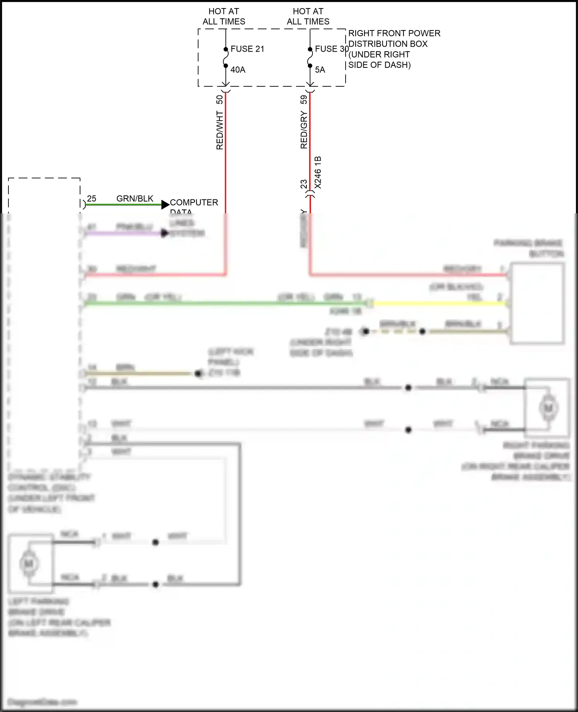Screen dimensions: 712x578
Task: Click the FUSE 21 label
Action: tap(247, 49)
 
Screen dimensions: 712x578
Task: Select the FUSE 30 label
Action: tap(331, 49)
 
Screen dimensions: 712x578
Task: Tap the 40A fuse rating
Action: tap(238, 70)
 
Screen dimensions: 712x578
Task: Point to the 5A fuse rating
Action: tap(320, 70)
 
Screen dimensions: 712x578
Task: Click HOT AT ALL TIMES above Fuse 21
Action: tap(224, 17)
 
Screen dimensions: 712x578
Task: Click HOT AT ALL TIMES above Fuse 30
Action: tap(308, 17)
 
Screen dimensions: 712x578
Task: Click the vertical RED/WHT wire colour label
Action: tap(220, 130)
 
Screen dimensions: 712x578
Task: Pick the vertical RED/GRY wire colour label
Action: tap(304, 130)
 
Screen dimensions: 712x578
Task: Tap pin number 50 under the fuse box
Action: tap(220, 100)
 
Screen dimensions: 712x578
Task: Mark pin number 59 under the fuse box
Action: tap(304, 100)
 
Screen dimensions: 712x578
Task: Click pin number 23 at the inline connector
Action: tap(304, 184)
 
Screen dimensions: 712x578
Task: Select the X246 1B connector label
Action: tap(318, 172)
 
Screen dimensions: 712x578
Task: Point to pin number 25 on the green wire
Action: tap(92, 199)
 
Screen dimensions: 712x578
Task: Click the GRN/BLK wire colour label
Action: tap(135, 199)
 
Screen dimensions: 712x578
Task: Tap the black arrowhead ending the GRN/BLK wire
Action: tap(165, 204)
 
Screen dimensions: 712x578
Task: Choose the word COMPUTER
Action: tap(194, 202)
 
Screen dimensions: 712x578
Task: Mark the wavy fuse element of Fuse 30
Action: tap(310, 57)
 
